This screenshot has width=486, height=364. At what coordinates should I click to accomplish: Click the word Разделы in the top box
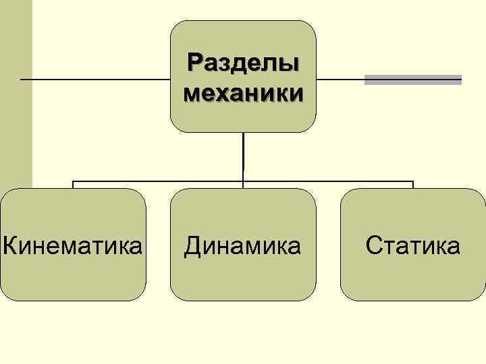pyautogui.click(x=243, y=64)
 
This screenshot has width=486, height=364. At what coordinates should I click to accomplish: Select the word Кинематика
pyautogui.click(x=73, y=245)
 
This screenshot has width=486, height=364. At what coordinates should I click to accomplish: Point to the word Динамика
pyautogui.click(x=243, y=245)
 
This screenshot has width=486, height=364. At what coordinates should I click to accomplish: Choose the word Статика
pyautogui.click(x=413, y=245)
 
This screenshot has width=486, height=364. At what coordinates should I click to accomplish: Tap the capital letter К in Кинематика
pyautogui.click(x=9, y=245)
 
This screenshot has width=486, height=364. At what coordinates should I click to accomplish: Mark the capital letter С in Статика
pyautogui.click(x=373, y=245)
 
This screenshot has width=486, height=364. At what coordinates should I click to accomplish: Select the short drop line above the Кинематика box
pyautogui.click(x=73, y=185)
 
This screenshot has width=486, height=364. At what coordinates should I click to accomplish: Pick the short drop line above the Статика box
pyautogui.click(x=412, y=185)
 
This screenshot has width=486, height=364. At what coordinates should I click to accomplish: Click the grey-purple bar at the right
pyautogui.click(x=413, y=80)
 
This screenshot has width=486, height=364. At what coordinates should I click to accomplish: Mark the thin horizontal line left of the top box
pyautogui.click(x=94, y=80)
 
